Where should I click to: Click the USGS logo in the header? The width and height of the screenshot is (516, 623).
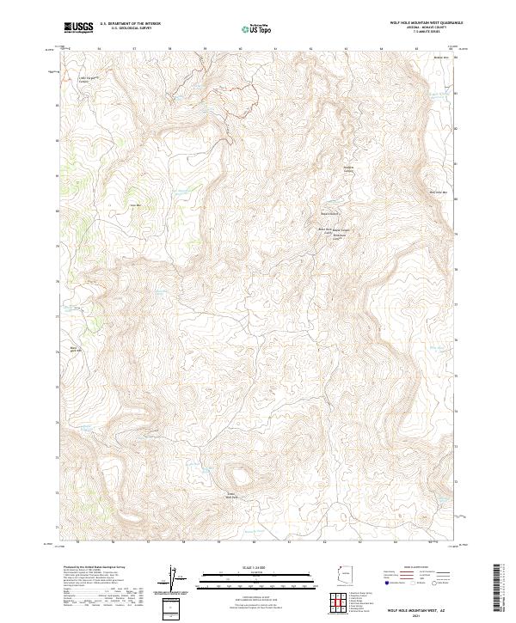pos(78,28)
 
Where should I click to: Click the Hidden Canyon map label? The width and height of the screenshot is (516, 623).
pos(349,169)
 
